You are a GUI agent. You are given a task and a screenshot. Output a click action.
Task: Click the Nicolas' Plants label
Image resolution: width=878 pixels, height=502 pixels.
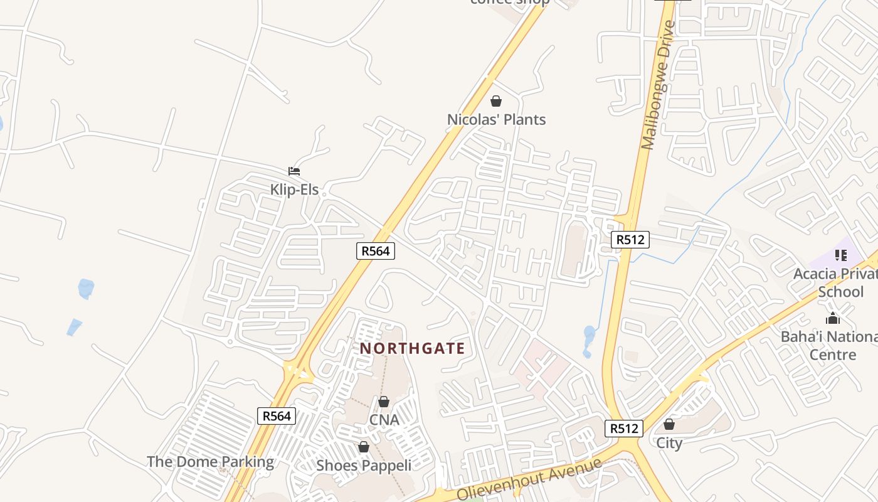coord(496,119)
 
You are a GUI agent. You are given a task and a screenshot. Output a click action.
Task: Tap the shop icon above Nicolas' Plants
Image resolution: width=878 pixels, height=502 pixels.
coord(496,101)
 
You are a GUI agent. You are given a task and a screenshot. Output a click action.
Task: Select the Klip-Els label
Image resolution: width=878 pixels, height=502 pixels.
coord(294,190)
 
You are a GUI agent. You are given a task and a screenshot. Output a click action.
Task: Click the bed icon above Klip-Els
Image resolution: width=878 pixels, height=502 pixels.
coord(294,171)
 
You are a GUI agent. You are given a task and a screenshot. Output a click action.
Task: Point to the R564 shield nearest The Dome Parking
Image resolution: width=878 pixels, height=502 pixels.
coord(277,416)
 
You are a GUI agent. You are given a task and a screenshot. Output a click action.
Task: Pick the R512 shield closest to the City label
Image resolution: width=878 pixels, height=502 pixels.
coord(624,429)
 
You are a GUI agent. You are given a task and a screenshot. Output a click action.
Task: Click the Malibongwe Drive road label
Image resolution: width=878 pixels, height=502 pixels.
coord(657,85)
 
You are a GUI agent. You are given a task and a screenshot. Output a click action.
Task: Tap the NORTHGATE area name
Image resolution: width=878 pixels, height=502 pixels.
coord(413,349)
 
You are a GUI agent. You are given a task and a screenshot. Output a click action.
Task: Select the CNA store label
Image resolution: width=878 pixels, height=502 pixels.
coord(384,420)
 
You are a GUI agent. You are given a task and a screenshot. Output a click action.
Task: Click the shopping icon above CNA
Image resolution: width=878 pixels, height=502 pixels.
coord(384,402)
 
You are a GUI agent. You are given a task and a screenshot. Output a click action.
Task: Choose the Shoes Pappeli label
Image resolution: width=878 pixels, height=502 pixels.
coord(364,465)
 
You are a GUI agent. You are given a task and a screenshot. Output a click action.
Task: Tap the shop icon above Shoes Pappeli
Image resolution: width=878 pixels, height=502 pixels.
coord(364,447)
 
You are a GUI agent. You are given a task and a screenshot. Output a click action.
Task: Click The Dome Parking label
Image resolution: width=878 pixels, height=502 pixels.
coord(210,462)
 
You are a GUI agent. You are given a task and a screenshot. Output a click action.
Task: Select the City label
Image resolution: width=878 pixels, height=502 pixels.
coord(669,443)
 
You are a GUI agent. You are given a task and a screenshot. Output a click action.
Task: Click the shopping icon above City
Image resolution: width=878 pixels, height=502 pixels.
coord(669,424)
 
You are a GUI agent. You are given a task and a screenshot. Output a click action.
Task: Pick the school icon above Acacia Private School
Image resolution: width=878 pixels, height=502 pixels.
coord(840,255)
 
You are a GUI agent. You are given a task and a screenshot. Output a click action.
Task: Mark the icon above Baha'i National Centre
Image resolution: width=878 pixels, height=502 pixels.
coord(833,319)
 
